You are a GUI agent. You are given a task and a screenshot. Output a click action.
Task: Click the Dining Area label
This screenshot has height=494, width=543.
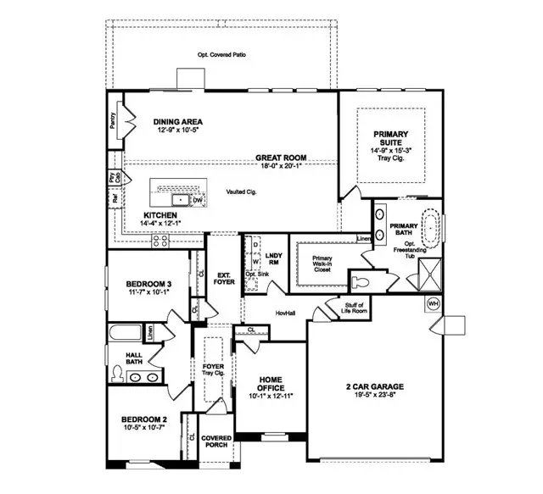(x=177, y=121)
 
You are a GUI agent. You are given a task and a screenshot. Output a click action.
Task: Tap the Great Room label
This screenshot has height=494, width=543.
(x=281, y=158)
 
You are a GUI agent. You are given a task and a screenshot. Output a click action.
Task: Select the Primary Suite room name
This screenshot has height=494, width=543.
(x=389, y=134)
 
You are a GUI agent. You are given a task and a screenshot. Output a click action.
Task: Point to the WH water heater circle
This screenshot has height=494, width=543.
(x=433, y=303)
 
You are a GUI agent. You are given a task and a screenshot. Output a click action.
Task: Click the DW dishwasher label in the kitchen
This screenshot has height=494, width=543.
(x=197, y=200)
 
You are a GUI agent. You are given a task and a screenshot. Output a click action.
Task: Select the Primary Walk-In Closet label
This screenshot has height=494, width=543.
(x=322, y=263)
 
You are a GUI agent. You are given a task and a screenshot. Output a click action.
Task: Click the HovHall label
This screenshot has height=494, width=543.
(x=284, y=313)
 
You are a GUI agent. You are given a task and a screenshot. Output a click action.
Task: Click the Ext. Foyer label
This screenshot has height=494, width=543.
(x=225, y=278)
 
